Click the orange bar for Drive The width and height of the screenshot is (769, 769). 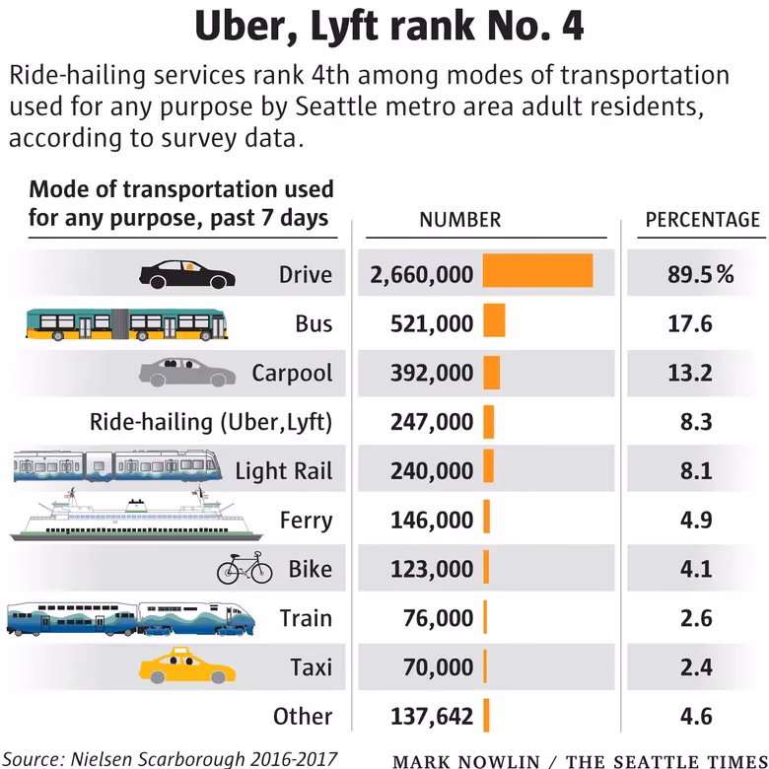(537, 271)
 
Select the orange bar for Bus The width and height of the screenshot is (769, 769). (494, 320)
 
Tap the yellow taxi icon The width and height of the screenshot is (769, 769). (187, 666)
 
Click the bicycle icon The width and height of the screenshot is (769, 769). (245, 568)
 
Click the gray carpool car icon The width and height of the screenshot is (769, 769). (187, 372)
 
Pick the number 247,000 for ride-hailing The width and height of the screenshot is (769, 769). (422, 422)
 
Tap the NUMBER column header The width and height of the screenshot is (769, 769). (460, 220)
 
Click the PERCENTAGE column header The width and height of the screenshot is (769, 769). (702, 220)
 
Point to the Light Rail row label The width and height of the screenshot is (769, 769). (283, 471)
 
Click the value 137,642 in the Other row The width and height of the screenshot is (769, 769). (422, 716)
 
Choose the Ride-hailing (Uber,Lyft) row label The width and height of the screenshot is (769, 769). (211, 422)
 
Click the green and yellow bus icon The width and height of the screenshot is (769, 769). (126, 322)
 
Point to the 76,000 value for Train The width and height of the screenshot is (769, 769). (438, 618)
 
